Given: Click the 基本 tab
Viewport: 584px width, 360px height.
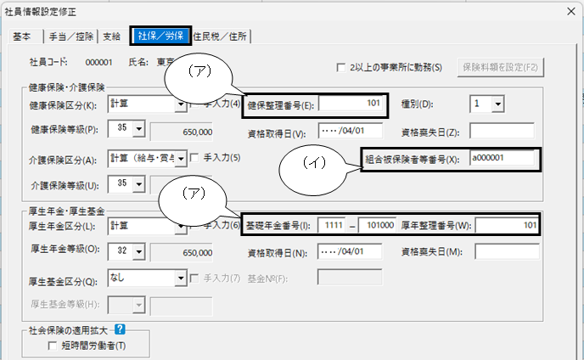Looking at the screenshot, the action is click(x=23, y=37).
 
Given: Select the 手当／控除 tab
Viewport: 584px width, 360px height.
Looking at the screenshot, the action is click(x=70, y=37).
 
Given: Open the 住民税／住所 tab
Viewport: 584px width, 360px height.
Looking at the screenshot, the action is click(x=221, y=37).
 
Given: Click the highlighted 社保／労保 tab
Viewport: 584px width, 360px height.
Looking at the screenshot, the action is click(x=160, y=36).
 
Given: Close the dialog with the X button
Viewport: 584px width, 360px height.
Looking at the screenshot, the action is click(x=571, y=12).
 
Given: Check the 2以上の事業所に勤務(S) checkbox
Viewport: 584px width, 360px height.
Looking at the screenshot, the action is click(x=340, y=68).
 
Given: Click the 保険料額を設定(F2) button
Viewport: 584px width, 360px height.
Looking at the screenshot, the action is click(x=500, y=67).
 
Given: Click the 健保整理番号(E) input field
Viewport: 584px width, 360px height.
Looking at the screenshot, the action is click(x=351, y=104).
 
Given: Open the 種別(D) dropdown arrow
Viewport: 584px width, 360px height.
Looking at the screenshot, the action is click(x=498, y=104).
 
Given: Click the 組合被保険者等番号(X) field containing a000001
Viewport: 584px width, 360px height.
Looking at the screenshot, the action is click(x=502, y=158).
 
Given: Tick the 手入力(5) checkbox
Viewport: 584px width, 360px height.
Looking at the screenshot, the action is click(x=194, y=158).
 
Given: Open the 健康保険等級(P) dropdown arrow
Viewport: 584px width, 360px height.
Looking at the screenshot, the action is click(x=139, y=129).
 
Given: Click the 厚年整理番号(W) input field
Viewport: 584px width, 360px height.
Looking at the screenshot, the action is click(x=507, y=225).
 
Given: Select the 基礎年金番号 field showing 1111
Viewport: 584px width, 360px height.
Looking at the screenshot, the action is click(x=332, y=225).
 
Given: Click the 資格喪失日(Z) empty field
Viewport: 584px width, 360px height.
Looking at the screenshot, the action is click(x=502, y=131).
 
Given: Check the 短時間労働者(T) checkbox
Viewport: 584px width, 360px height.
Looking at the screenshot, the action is click(x=53, y=346).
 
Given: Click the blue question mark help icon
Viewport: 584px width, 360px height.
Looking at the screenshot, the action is click(x=120, y=329).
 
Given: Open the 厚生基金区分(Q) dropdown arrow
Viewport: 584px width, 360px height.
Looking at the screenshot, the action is click(x=181, y=278).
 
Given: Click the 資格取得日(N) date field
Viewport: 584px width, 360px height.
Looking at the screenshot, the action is click(x=350, y=251).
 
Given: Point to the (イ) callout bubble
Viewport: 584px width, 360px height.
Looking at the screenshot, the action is click(x=313, y=170).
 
